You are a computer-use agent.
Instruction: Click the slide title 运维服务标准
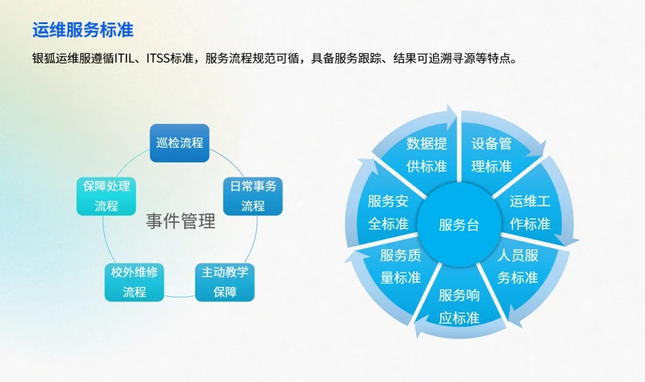[x=83, y=29]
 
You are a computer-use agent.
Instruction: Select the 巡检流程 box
[x=179, y=143]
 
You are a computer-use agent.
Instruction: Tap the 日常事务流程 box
[x=253, y=196]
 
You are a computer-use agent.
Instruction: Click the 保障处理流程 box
[x=106, y=196]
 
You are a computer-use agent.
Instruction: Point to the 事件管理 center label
[x=180, y=221]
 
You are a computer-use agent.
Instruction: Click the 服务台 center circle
[x=459, y=225]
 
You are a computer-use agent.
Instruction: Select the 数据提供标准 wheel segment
[x=426, y=155]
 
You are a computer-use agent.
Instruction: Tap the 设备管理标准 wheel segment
[x=491, y=155]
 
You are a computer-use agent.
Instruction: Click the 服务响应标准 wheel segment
[x=459, y=306]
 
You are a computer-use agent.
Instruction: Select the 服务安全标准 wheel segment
[x=388, y=212]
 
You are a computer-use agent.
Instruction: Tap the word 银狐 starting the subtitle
[x=43, y=59]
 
